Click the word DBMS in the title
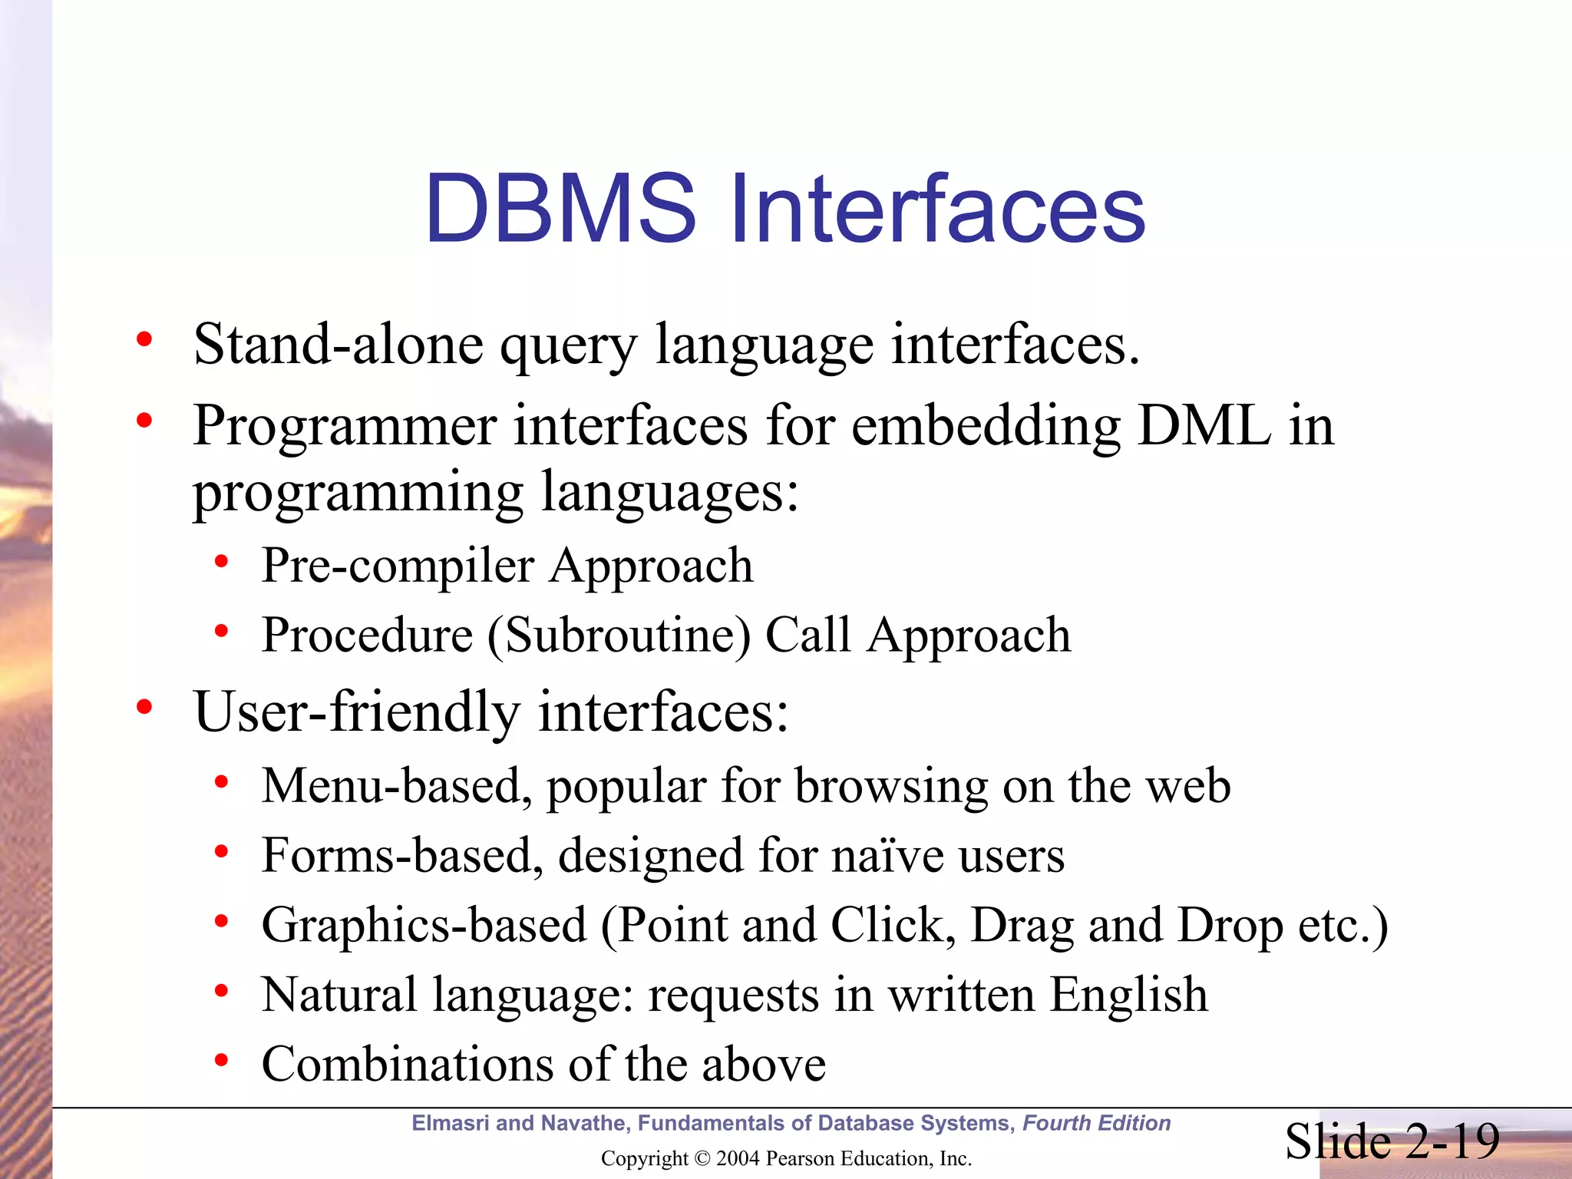tap(560, 209)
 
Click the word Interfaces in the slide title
tap(938, 209)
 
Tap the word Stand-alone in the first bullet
tap(339, 345)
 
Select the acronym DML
tap(1204, 425)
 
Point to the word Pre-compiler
tap(398, 566)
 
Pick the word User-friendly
tap(357, 712)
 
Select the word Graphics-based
tap(424, 925)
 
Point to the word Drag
tap(1022, 925)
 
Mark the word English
tap(1128, 995)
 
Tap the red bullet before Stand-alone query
tap(144, 339)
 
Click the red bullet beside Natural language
tap(222, 991)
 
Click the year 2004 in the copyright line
tap(736, 1158)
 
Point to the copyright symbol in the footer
tap(702, 1158)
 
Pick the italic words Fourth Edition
tap(1096, 1123)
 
